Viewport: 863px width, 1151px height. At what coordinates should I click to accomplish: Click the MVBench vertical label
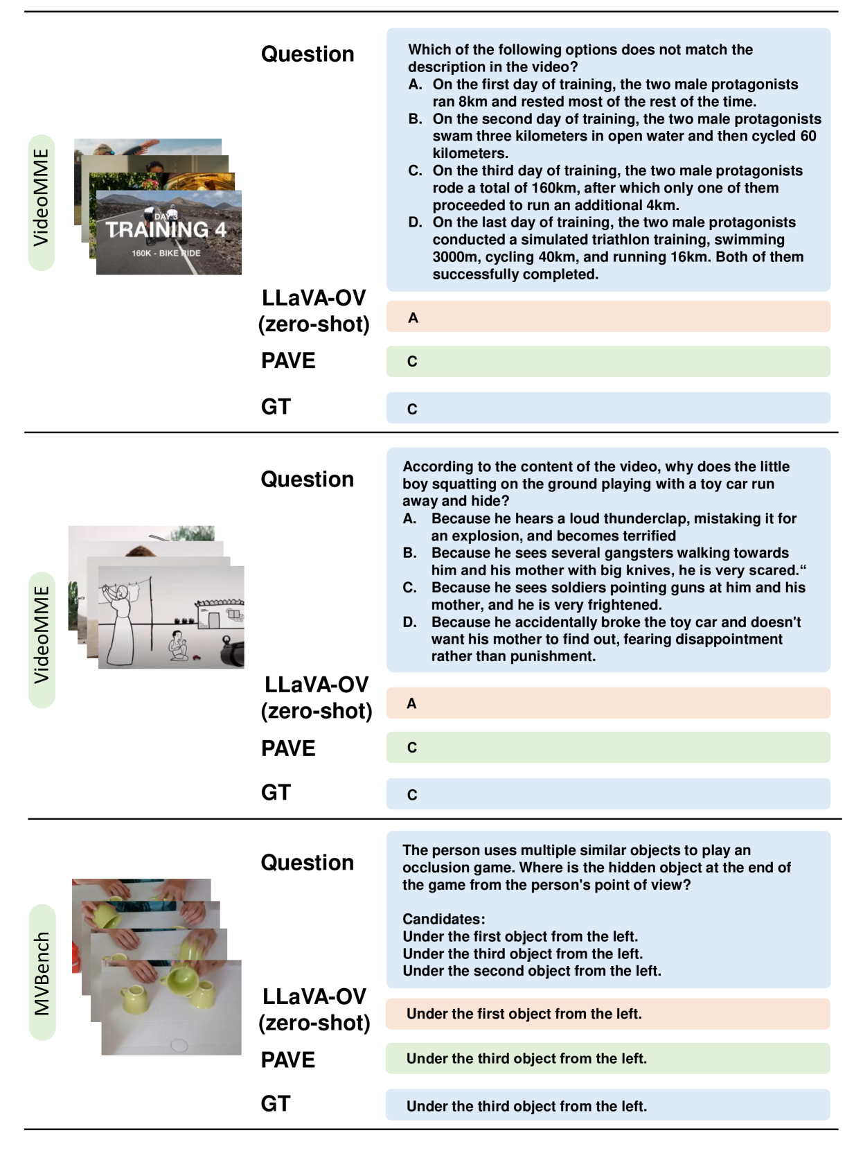42,972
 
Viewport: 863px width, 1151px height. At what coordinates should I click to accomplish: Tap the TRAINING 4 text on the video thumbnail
166,229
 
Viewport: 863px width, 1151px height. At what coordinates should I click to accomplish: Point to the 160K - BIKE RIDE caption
166,253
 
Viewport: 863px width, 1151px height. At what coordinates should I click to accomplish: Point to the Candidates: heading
444,919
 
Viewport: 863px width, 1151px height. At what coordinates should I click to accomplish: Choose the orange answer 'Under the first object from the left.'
524,1014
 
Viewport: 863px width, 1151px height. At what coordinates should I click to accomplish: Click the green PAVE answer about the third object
526,1059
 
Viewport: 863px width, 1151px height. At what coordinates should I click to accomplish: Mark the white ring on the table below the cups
179,1045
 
